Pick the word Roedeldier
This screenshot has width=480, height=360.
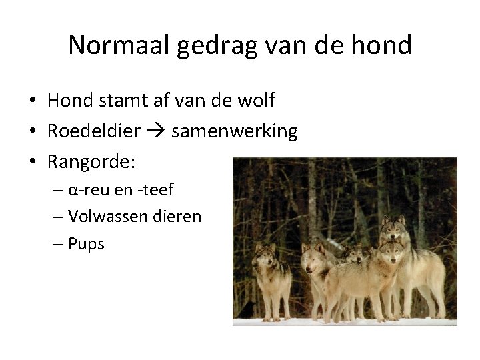point(93,131)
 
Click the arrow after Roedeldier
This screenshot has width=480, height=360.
point(156,132)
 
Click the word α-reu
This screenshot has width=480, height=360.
point(88,190)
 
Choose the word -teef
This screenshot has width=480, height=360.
point(155,190)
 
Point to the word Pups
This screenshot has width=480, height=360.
point(87,244)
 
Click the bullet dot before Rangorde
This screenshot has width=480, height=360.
point(32,162)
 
